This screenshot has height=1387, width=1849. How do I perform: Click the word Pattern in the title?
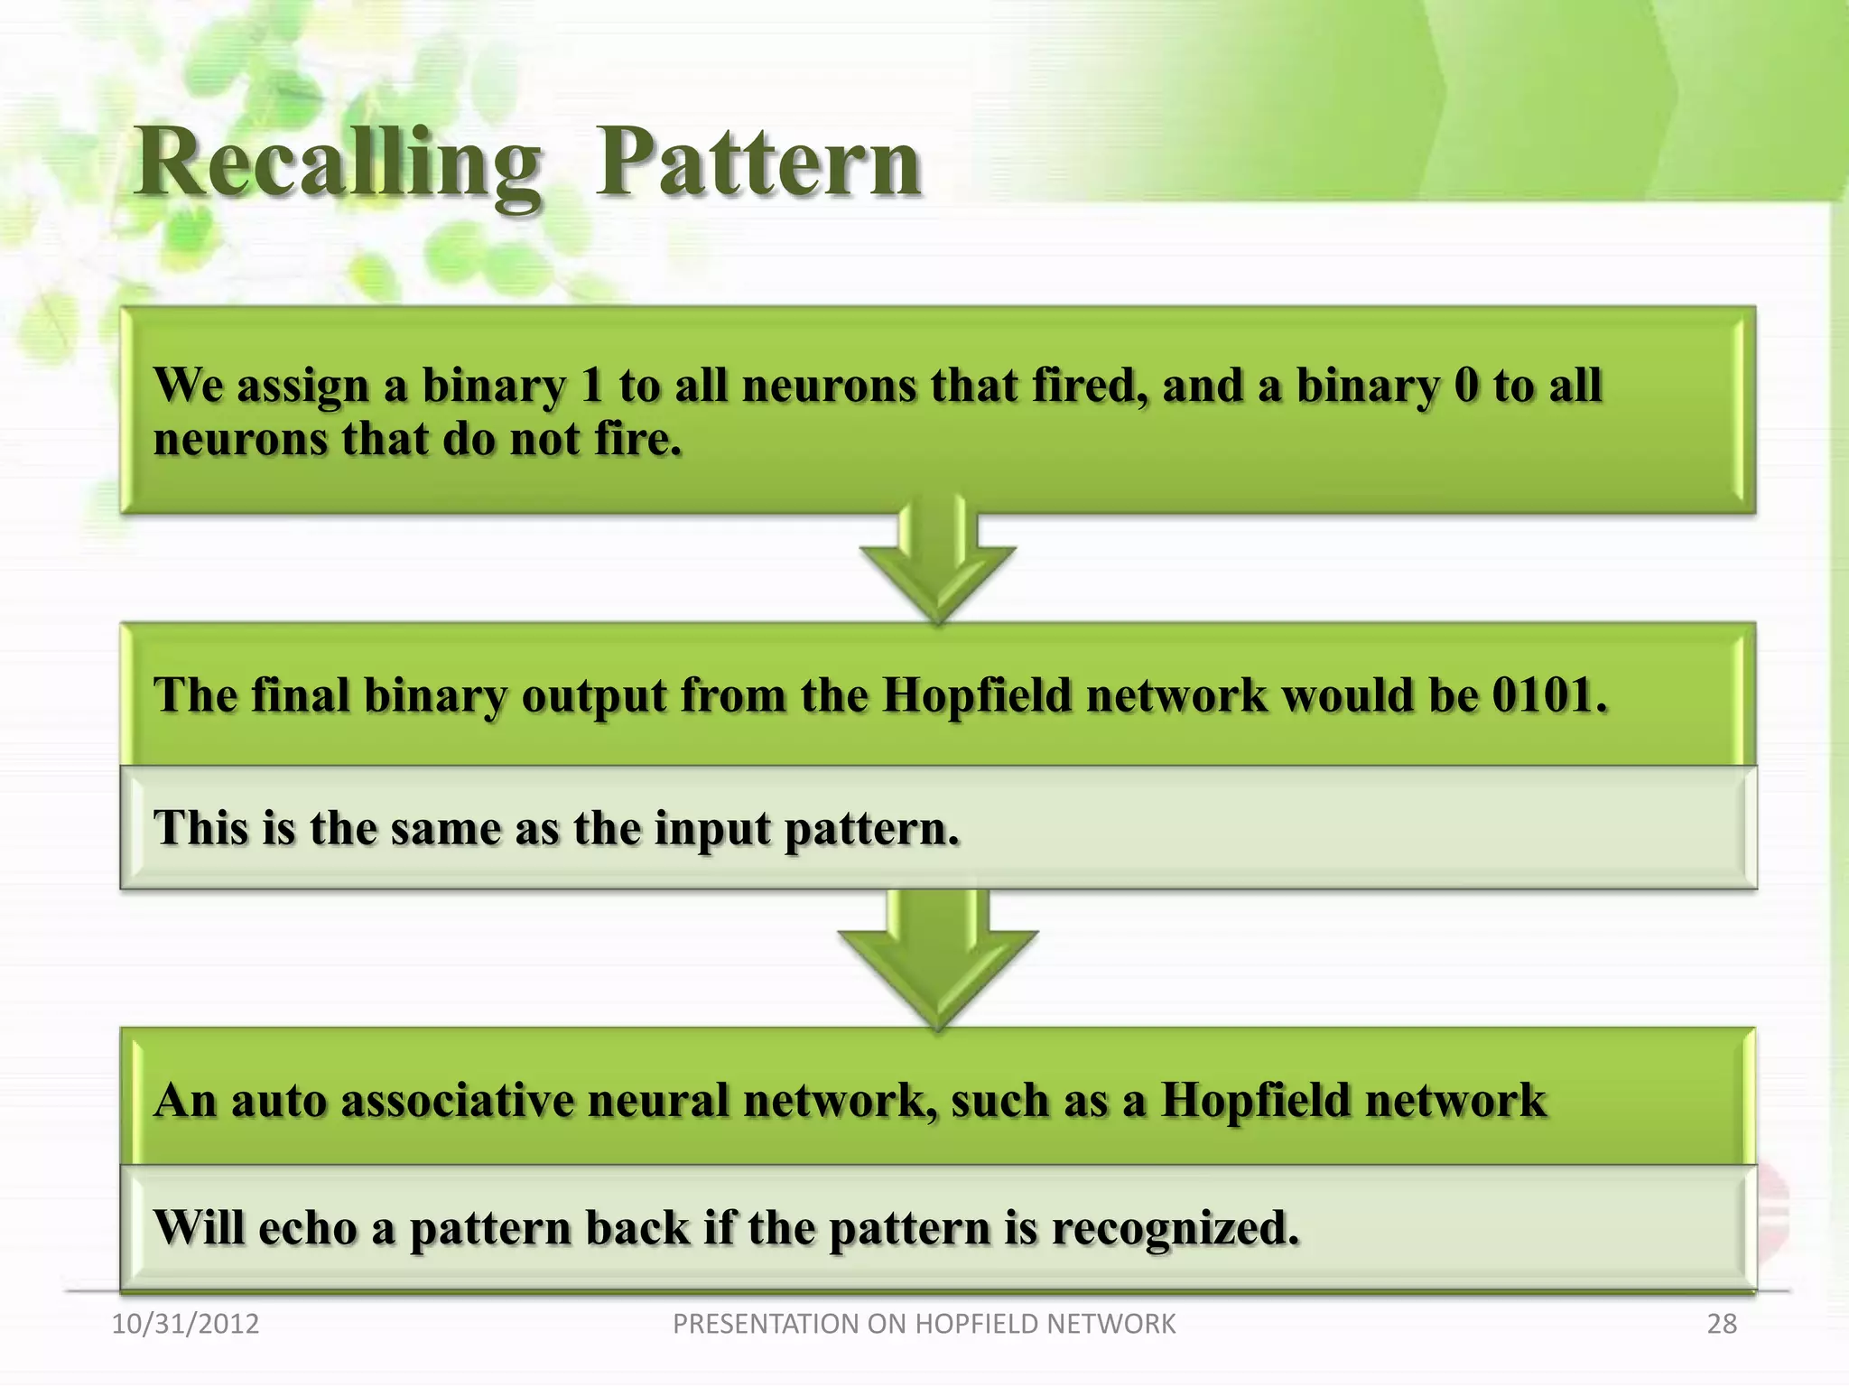758,163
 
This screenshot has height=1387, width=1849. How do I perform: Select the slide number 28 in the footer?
1722,1324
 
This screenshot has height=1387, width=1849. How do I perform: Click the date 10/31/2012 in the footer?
185,1324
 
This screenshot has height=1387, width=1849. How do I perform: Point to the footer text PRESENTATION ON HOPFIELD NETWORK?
924,1324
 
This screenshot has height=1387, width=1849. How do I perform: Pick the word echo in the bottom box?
308,1228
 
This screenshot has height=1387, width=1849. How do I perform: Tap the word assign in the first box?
302,387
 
